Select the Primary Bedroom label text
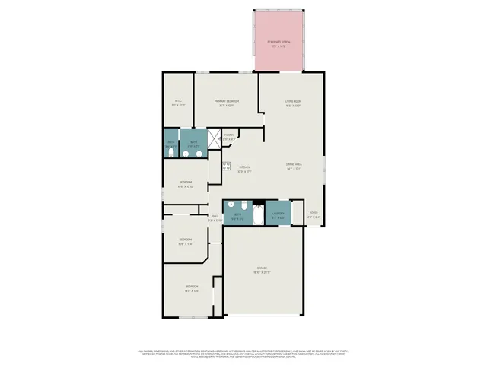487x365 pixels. pos(227,103)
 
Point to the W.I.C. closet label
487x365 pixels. pos(178,103)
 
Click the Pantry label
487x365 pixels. pos(228,137)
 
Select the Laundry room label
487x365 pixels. pos(278,214)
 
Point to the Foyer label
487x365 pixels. pos(313,215)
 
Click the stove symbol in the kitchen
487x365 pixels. pos(226,166)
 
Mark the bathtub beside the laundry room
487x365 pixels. pos(258,216)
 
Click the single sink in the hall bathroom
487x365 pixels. pos(231,205)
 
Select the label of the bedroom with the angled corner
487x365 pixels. pos(186,241)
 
